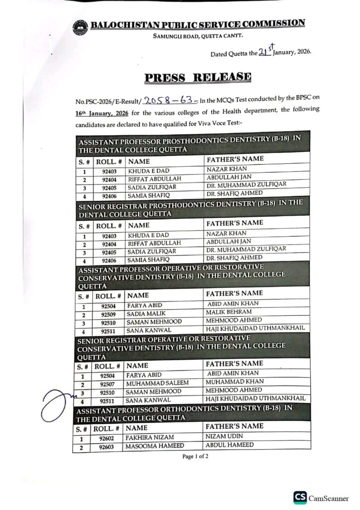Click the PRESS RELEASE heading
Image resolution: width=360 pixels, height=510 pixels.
tap(198, 77)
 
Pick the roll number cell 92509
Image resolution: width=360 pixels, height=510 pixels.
tap(108, 315)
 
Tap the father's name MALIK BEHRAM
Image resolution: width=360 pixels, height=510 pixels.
tap(229, 312)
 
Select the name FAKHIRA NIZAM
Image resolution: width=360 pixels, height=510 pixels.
tap(149, 438)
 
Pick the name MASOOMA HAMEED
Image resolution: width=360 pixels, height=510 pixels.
tap(154, 447)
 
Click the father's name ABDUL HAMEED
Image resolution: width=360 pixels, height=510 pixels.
tap(230, 445)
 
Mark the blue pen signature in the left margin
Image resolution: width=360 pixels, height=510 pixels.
tap(57, 403)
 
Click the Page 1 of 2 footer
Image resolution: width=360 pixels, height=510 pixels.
tap(195, 456)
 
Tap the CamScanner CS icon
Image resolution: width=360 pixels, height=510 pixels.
tap(300, 498)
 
